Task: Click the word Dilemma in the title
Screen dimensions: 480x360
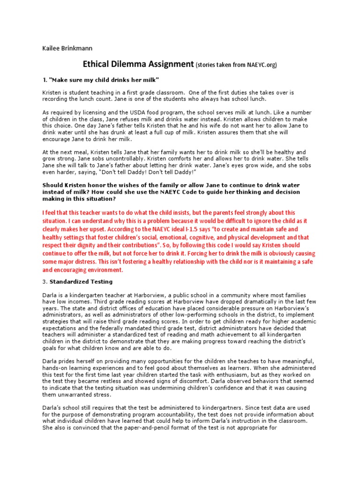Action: click(132, 64)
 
